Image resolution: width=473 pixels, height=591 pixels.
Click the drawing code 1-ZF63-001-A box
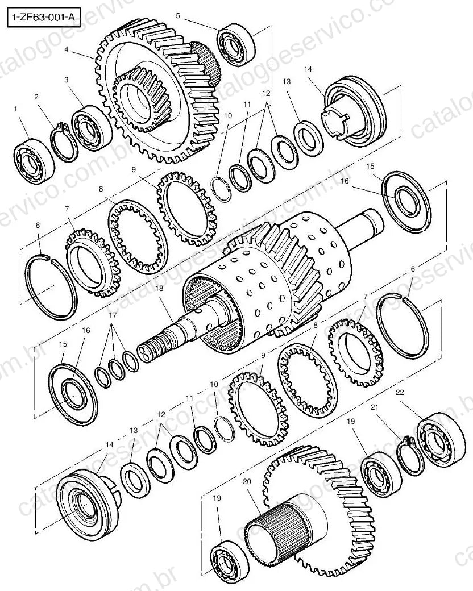[44, 18]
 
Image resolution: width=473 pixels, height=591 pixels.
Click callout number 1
[15, 109]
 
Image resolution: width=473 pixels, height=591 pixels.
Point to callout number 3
[67, 80]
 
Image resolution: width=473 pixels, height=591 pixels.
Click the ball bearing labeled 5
[236, 44]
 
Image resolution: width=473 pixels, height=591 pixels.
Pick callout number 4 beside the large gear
[67, 49]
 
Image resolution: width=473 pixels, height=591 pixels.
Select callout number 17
[113, 315]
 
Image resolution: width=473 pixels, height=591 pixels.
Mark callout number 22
[400, 392]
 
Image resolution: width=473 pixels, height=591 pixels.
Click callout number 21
[375, 407]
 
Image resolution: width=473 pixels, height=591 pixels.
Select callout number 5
[178, 15]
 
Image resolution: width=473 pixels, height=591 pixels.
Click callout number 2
[36, 97]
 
